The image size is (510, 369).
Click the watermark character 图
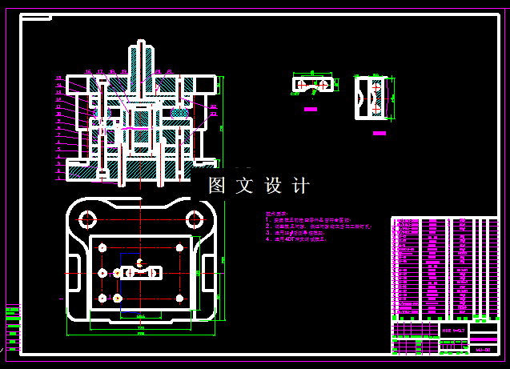click(x=217, y=186)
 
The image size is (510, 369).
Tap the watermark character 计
click(x=301, y=186)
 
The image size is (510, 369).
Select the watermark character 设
click(x=273, y=186)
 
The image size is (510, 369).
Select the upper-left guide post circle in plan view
click(x=86, y=219)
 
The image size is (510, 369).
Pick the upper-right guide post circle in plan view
click(x=194, y=219)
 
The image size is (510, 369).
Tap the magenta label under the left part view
click(x=311, y=110)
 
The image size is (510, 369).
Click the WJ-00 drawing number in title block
click(x=483, y=349)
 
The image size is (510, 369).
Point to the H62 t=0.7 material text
click(x=452, y=329)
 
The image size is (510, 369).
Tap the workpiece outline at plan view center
click(x=140, y=271)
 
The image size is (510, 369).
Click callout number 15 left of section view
click(x=58, y=78)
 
